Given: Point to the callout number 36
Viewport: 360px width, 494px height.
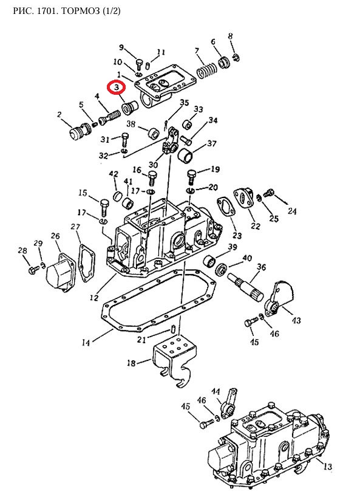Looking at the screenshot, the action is [x=262, y=267].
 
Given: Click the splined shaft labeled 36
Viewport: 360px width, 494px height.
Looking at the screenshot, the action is [x=246, y=287].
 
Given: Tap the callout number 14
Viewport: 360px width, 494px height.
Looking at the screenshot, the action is [x=86, y=343].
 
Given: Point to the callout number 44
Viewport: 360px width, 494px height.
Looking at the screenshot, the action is [x=216, y=391].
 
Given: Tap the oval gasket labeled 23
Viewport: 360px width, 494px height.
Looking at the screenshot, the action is [x=226, y=210].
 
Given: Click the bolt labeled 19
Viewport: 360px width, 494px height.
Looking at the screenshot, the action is [x=191, y=177].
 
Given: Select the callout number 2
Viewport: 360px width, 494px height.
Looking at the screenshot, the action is [x=59, y=115].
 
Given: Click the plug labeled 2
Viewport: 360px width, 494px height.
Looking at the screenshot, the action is [x=79, y=131].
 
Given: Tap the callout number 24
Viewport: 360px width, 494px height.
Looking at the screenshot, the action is [x=292, y=211].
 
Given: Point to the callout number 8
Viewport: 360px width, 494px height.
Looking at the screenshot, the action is [x=231, y=36].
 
